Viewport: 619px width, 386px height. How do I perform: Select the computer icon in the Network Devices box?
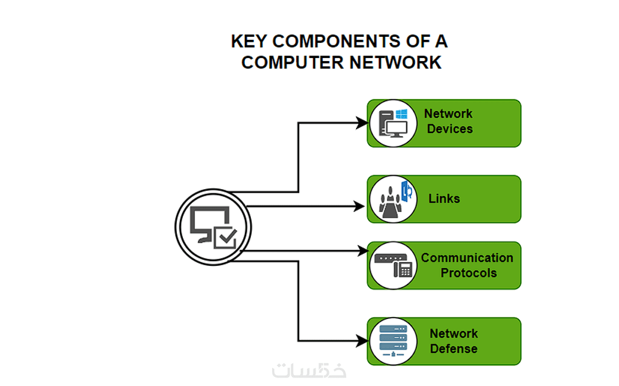coord(393,123)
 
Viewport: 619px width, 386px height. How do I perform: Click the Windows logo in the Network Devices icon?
coord(401,114)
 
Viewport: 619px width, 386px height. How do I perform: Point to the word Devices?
coord(449,129)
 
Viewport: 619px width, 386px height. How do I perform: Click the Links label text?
coord(444,199)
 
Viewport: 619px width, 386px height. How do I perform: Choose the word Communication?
coord(467,258)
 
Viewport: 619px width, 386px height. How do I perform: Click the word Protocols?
coord(469,273)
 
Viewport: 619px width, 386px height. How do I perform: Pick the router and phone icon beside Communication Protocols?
coord(393,265)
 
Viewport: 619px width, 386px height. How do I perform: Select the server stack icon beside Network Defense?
coord(393,341)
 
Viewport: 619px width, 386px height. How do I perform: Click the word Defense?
coord(454,349)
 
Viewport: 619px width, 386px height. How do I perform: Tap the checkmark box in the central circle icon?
coord(225,237)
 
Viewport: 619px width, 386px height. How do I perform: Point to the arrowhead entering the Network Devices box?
coord(362,123)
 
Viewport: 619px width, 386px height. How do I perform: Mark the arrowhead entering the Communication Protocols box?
coord(362,250)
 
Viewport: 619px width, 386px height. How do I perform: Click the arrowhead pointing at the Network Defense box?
coord(362,341)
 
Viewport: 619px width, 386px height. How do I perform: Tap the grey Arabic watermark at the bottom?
coord(309,370)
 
